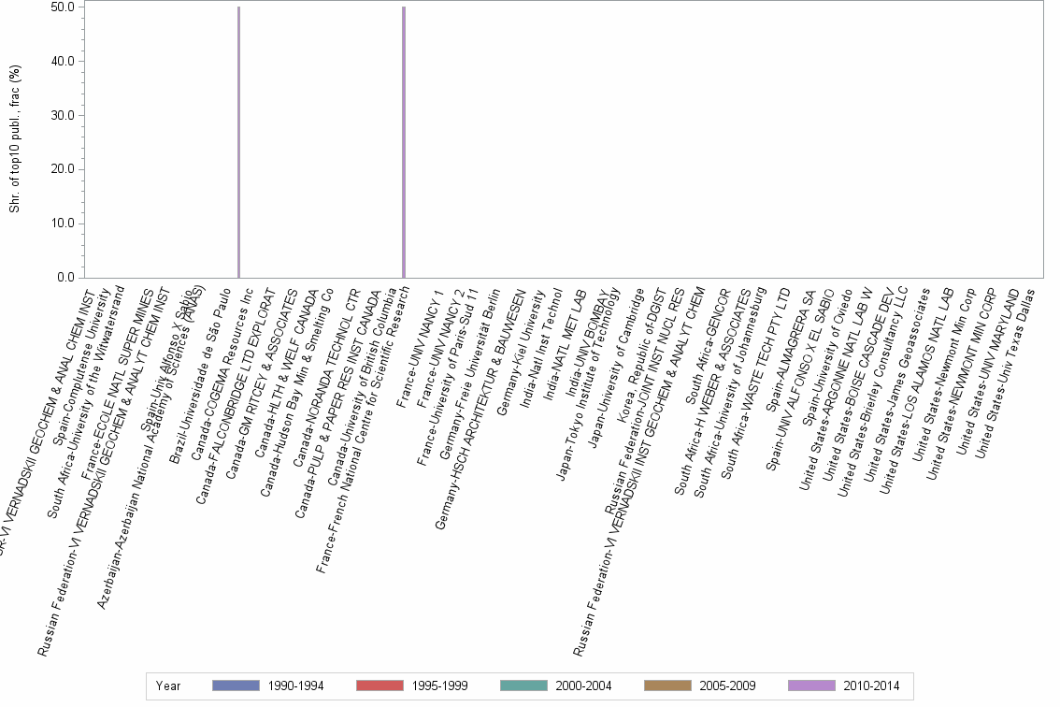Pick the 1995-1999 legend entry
pos(412,685)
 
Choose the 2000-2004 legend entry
pos(556,685)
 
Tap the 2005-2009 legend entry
pos(700,685)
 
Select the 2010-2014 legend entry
pos(844,685)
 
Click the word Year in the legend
pos(168,685)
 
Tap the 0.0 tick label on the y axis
pos(65,278)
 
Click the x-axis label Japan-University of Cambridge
pos(615,369)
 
